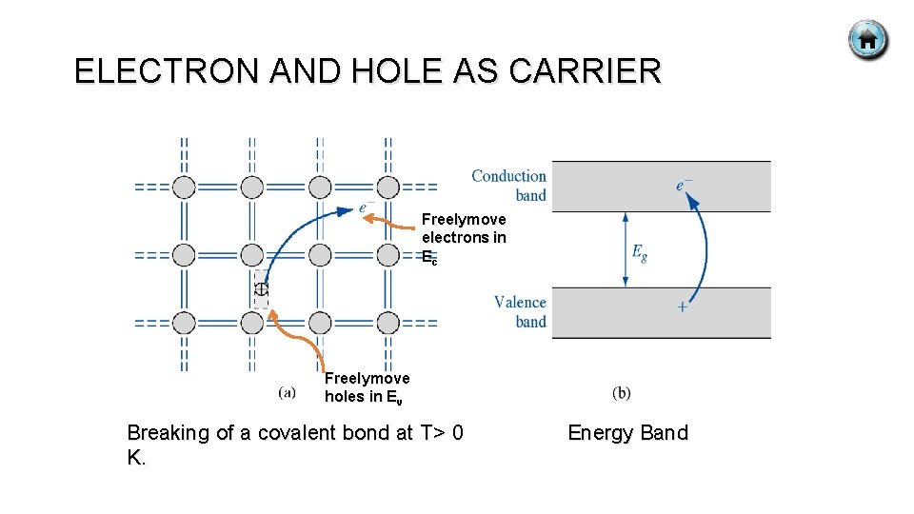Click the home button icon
pyautogui.click(x=867, y=41)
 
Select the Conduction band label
pyautogui.click(x=510, y=186)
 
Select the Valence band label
pyautogui.click(x=521, y=311)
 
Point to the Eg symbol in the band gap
pyautogui.click(x=640, y=252)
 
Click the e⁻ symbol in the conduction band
pyautogui.click(x=685, y=185)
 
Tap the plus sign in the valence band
pyautogui.click(x=682, y=306)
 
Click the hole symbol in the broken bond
pyautogui.click(x=261, y=288)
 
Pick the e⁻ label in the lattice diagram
pyautogui.click(x=366, y=208)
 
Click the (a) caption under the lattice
pyautogui.click(x=288, y=391)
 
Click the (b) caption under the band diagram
pyautogui.click(x=621, y=392)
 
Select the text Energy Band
pyautogui.click(x=627, y=433)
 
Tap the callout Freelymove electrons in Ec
pyautogui.click(x=464, y=238)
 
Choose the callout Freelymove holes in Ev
pyautogui.click(x=368, y=387)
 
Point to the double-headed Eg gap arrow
pyautogui.click(x=625, y=248)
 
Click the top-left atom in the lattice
pyautogui.click(x=184, y=187)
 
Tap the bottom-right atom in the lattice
pyautogui.click(x=387, y=323)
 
